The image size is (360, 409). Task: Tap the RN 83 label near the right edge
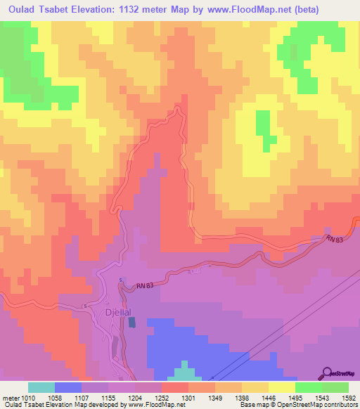pos(335,239)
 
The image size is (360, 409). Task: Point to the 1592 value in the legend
pos(349,398)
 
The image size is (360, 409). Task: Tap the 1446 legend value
pos(269,398)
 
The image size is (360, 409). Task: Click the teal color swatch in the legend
pos(41,387)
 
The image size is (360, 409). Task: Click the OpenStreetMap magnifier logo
pos(326,372)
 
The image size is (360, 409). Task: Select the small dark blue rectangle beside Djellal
pos(132,322)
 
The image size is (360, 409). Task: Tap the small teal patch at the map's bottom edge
pos(184,371)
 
